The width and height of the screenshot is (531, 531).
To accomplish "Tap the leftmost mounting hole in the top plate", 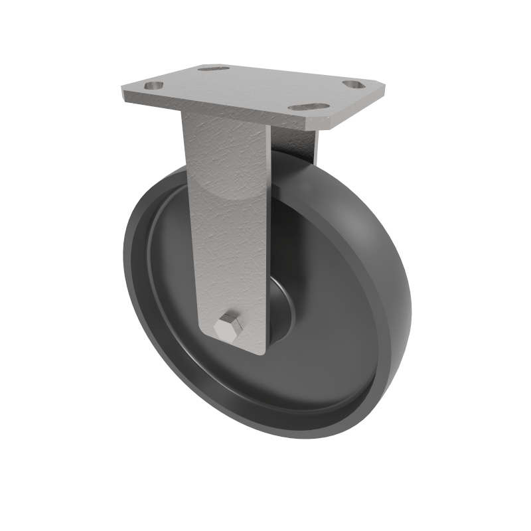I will pyautogui.click(x=153, y=86).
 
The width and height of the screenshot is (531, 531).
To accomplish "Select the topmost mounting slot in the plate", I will pyautogui.click(x=213, y=68).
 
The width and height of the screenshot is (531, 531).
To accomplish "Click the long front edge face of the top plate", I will pyautogui.click(x=212, y=112).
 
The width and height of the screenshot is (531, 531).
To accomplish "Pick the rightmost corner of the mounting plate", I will pyautogui.click(x=386, y=84).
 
